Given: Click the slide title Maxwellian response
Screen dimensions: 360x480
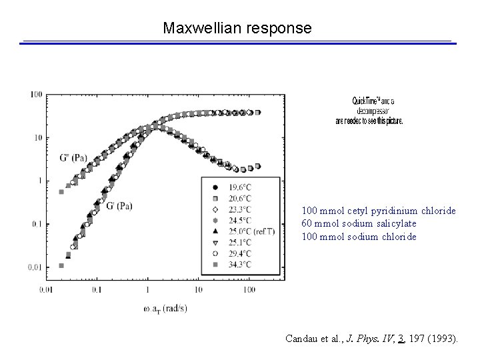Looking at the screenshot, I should (237, 29).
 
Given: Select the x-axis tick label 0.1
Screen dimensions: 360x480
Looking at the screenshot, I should (97, 290).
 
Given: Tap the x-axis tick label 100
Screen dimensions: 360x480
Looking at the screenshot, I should (249, 290).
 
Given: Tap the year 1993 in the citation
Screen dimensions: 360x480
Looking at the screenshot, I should (441, 339).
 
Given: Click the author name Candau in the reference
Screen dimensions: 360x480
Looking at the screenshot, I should (300, 339).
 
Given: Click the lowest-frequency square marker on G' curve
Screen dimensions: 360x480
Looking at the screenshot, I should (61, 265).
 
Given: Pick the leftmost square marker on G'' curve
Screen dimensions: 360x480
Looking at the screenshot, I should (61, 192).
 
